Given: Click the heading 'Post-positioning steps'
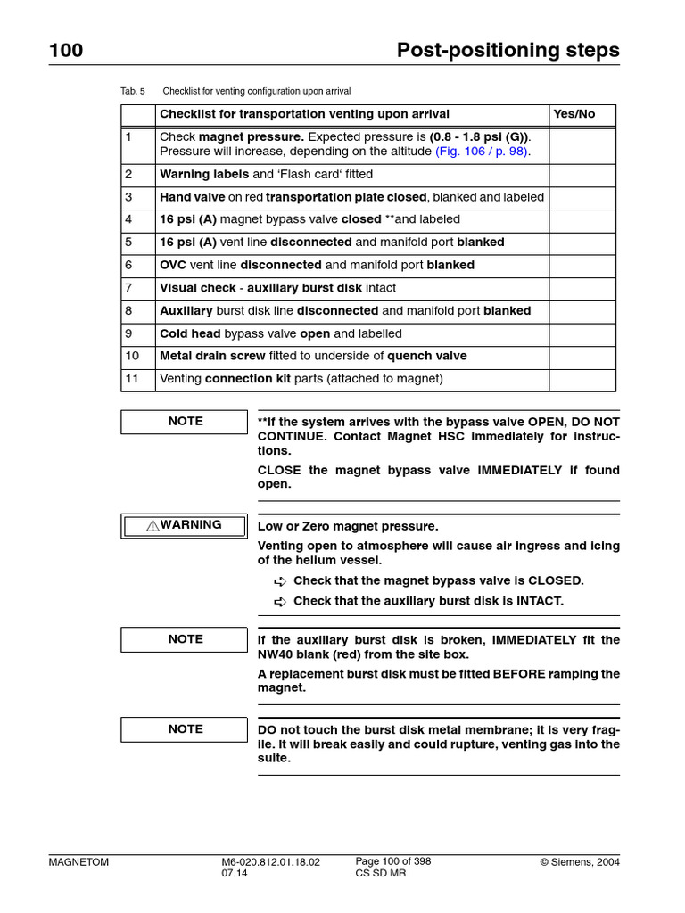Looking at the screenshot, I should click(x=508, y=51).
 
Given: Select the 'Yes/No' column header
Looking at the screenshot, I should click(x=574, y=114).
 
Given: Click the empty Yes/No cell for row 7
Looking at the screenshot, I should click(x=582, y=288).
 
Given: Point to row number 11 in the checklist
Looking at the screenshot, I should click(x=132, y=379).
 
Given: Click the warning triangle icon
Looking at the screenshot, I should click(x=153, y=526).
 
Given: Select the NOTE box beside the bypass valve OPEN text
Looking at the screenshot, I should click(x=185, y=422).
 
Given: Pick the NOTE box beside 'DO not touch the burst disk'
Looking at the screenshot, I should click(x=185, y=729).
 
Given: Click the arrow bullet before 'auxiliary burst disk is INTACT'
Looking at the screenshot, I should click(x=280, y=602).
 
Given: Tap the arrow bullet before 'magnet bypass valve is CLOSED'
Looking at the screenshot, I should click(x=280, y=581).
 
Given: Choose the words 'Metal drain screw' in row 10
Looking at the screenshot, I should click(x=212, y=356).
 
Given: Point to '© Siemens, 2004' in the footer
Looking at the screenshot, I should click(x=580, y=862).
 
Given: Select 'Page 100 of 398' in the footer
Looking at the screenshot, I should click(x=393, y=861).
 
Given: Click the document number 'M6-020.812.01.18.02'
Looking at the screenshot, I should click(x=270, y=862).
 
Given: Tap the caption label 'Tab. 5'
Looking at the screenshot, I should click(x=132, y=91).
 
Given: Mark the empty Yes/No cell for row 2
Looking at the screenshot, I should click(x=582, y=175).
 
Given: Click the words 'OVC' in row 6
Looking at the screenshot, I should click(x=173, y=265).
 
